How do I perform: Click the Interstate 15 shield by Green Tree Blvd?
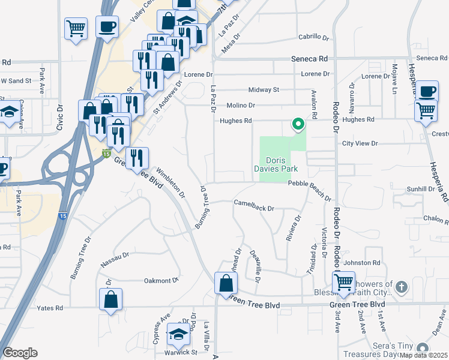tap(106, 154)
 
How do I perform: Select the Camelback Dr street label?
tap(254, 208)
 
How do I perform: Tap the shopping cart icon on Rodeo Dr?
tap(344, 282)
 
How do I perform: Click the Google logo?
tap(20, 353)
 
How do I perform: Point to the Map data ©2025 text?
tap(423, 355)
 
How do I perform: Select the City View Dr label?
tap(360, 143)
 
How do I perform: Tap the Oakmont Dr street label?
tap(161, 280)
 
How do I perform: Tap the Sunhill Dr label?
tap(420, 188)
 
